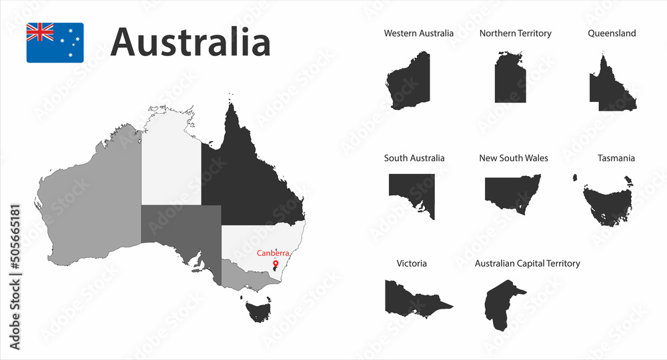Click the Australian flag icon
pos(55,43)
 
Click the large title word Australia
pos(191,43)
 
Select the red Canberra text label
pos(273,253)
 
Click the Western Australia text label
pos(418,33)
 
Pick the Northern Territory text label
pos(515,33)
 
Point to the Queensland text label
pos(612,33)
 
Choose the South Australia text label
pos(414,158)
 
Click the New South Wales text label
pos(514,158)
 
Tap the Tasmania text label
pos(616,158)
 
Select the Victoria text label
pos(412,263)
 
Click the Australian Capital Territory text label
pos(527,263)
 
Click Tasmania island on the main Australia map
pos(257,311)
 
